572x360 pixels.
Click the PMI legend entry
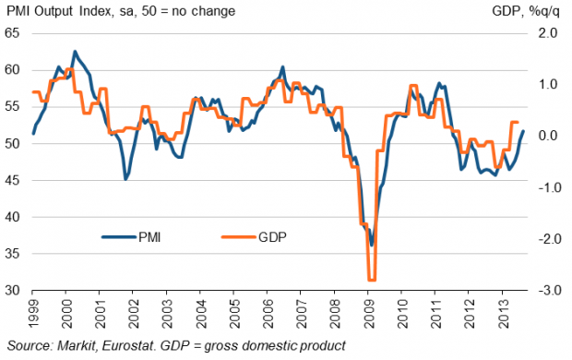tap(131, 237)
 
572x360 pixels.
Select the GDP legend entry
tap(255, 237)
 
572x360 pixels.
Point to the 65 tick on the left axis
tap(12, 33)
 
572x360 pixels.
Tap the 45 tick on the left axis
tap(12, 180)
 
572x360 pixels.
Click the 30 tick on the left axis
tap(12, 290)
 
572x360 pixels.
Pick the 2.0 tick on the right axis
tap(548, 33)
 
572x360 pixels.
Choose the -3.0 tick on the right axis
tap(546, 290)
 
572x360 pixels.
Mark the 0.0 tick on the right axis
tap(548, 136)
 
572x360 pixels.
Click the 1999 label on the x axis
tap(33, 314)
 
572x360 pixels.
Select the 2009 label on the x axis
tap(368, 314)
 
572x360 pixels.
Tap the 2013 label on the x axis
tap(503, 314)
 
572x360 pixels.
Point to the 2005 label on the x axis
tap(234, 314)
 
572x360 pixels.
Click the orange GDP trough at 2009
tap(372, 280)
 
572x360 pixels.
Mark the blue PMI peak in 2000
tap(75, 52)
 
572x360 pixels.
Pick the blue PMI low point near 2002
tap(125, 179)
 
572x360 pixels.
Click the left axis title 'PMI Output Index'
tap(59, 11)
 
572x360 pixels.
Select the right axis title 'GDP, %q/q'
tap(525, 11)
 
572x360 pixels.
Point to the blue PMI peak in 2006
tap(282, 67)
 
